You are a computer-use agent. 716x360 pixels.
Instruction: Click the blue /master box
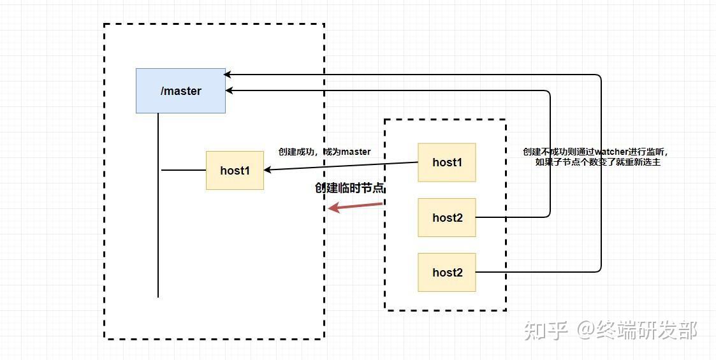180,90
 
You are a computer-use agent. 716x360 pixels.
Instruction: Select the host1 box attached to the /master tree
235,170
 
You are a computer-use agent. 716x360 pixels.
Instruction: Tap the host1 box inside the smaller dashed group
446,162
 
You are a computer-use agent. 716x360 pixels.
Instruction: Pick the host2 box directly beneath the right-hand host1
446,217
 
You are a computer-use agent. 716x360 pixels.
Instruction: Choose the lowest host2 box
446,272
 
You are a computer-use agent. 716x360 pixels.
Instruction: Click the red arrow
355,206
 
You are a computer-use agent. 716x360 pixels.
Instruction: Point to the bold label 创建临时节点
350,188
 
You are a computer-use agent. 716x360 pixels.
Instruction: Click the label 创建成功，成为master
325,152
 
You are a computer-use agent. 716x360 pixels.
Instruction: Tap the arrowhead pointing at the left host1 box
268,170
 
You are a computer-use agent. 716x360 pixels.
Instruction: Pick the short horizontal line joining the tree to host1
184,170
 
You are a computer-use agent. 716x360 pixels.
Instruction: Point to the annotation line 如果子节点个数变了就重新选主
597,162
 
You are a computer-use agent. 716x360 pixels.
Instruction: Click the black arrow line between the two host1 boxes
341,166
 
